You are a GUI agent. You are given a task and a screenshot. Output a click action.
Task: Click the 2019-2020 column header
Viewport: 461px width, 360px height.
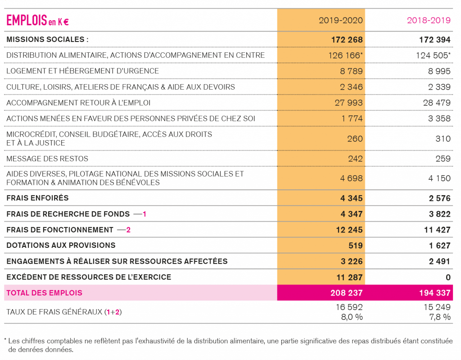(341, 20)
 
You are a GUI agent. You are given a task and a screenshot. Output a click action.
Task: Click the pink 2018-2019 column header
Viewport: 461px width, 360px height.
(429, 20)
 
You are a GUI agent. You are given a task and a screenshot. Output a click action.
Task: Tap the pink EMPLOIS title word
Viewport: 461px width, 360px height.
(27, 20)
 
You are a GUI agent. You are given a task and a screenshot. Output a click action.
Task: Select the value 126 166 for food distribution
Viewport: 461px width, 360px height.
(344, 55)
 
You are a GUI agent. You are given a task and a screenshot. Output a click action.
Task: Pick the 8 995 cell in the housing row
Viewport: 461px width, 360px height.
(439, 71)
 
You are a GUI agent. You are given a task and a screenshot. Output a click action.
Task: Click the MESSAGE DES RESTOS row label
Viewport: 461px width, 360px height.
(47, 159)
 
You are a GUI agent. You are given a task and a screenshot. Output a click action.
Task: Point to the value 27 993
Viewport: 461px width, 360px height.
(349, 103)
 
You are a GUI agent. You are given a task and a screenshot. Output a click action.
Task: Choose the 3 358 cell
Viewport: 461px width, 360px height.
(439, 118)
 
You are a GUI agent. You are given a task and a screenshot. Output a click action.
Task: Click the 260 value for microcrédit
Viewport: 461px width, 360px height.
(355, 139)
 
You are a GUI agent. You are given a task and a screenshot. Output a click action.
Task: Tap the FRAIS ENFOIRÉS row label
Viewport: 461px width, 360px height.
(37, 198)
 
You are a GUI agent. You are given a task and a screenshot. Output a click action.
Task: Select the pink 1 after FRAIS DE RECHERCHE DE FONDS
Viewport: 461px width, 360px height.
(145, 214)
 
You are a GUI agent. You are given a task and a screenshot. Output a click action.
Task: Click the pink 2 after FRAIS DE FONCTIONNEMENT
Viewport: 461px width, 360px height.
(128, 230)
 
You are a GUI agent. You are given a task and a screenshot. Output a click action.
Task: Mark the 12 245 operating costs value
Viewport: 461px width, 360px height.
(349, 230)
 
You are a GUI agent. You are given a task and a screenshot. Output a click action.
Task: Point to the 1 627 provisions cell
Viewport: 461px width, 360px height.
(439, 246)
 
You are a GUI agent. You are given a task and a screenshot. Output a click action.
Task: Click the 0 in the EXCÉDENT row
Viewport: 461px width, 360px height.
(448, 277)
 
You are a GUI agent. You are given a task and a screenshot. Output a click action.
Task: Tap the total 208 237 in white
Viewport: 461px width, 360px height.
(347, 293)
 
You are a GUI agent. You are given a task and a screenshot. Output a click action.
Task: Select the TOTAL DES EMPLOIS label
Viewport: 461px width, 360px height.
(45, 293)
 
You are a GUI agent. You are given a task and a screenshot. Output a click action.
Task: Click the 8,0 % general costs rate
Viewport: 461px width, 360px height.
(352, 317)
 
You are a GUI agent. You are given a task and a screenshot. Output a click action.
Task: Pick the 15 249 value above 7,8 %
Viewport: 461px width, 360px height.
(437, 307)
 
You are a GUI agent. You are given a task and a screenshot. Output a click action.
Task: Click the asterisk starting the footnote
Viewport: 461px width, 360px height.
(5, 340)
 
